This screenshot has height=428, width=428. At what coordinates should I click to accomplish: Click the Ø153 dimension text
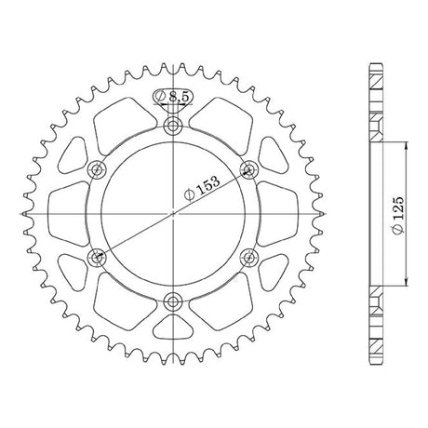[202, 188]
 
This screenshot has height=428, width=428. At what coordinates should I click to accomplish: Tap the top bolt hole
[173, 126]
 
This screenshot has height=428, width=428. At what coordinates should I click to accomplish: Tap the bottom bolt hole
[172, 301]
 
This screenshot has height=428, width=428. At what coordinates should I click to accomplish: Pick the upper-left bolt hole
[97, 170]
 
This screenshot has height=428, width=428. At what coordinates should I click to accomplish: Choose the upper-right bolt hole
[248, 169]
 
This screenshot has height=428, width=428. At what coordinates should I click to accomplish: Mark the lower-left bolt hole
[97, 257]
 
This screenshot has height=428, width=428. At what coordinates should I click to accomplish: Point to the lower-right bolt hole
[249, 257]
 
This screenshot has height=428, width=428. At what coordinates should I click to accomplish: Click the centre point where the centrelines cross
[173, 214]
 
